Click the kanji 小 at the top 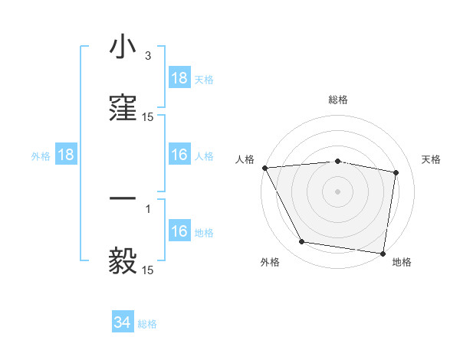[x=123, y=47]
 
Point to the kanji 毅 [x=123, y=260]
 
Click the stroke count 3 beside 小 [x=147, y=57]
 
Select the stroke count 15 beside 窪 [x=147, y=117]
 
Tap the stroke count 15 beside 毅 [x=147, y=270]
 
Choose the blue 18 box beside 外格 [x=66, y=155]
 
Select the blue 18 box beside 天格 [x=179, y=78]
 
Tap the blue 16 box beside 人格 [x=179, y=155]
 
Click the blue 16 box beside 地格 [x=179, y=231]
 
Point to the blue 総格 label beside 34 [x=147, y=324]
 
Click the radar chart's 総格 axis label [x=337, y=100]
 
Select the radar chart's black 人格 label [x=245, y=159]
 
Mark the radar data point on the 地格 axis [x=383, y=253]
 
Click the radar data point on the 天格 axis [x=396, y=172]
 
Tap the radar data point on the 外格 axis [x=301, y=242]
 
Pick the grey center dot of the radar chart [x=337, y=191]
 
